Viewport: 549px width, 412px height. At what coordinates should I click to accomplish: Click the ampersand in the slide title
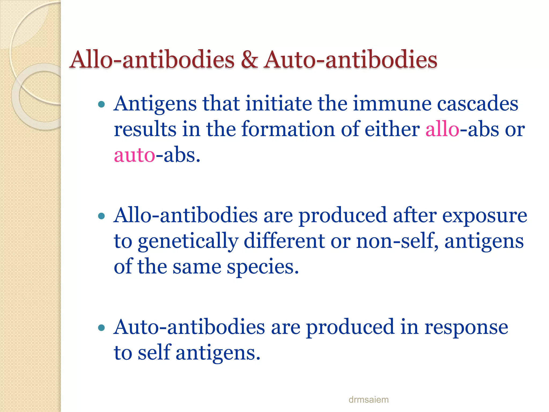(249, 60)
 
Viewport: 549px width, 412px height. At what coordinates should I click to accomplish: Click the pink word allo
(442, 130)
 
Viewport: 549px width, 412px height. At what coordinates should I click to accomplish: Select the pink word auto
(134, 156)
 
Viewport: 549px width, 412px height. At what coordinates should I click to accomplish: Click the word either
(392, 130)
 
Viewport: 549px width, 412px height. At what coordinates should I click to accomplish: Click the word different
(284, 241)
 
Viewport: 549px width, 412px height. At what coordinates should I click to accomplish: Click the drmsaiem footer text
(368, 400)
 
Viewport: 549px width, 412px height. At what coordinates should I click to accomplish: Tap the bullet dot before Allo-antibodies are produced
(101, 216)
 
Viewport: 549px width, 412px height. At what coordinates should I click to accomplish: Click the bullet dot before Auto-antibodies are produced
(101, 328)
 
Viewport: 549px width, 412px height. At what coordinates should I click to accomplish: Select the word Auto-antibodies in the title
(350, 60)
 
